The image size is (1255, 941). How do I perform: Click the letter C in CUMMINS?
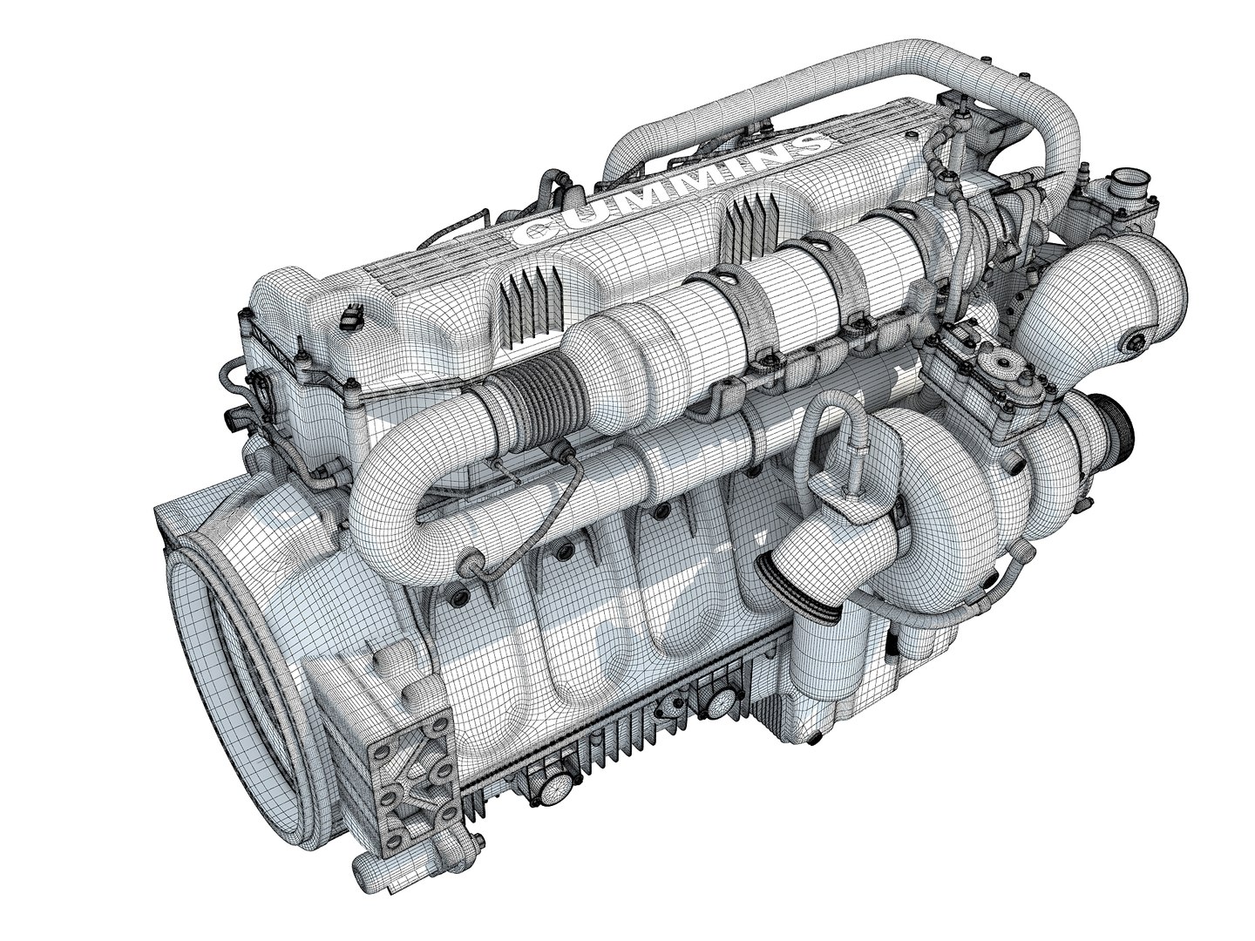click(528, 233)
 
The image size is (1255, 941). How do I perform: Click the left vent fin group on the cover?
click(527, 301)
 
